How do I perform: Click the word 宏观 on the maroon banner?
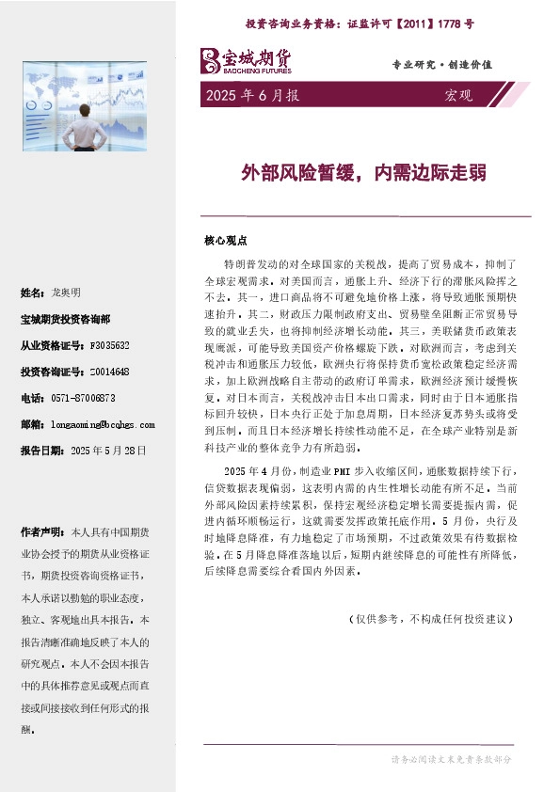pyautogui.click(x=457, y=95)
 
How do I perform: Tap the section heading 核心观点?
pyautogui.click(x=225, y=240)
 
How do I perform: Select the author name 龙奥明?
pyautogui.click(x=69, y=293)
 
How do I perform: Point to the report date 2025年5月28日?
pyautogui.click(x=109, y=451)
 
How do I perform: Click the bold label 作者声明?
pyautogui.click(x=42, y=531)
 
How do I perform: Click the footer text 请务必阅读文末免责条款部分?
pyautogui.click(x=452, y=759)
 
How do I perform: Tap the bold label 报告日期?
pyautogui.click(x=40, y=451)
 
